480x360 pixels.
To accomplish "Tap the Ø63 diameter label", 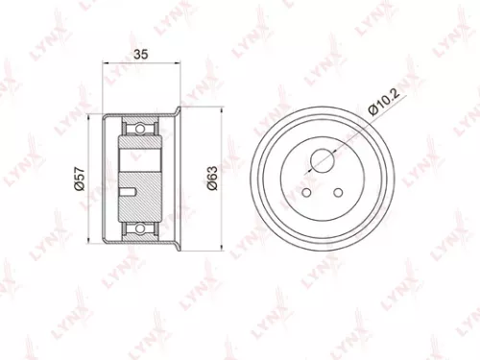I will click(x=212, y=180).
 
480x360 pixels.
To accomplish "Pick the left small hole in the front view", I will click(x=304, y=192).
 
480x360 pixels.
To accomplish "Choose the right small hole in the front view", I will click(x=338, y=192).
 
